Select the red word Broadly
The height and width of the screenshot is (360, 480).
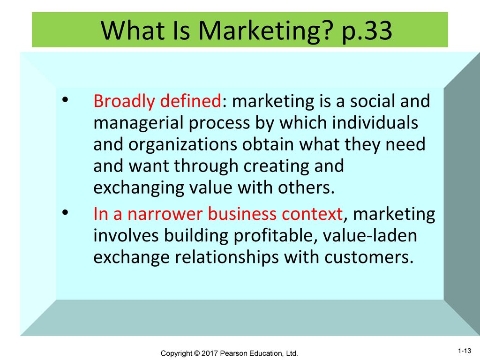point(124,101)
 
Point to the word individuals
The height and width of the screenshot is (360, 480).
point(375,122)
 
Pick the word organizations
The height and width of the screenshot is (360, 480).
point(182,144)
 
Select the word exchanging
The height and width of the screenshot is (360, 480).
point(138,187)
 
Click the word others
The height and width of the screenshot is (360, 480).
point(306,187)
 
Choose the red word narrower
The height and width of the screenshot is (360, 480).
point(165,214)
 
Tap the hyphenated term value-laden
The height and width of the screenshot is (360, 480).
point(370,235)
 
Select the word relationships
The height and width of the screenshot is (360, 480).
point(226,257)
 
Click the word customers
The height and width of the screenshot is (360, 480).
point(368,257)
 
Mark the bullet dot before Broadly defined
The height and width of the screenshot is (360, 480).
point(65,100)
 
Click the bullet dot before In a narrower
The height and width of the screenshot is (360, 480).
point(65,212)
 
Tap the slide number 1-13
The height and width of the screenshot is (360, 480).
point(465,351)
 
